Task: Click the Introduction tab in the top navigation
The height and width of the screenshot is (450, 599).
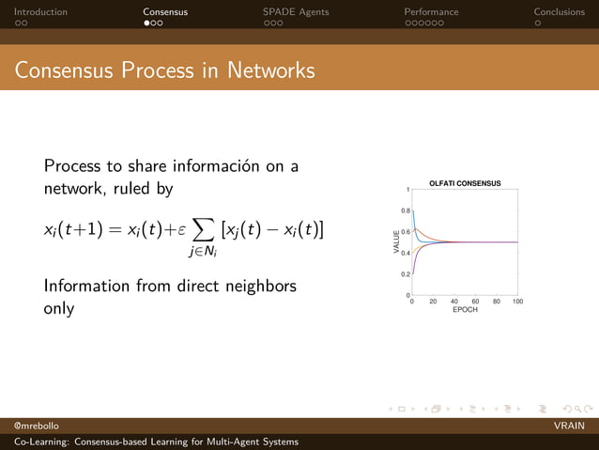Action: point(40,12)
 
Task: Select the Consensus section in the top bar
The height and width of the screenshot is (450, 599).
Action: point(165,12)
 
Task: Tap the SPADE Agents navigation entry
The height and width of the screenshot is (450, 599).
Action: point(295,12)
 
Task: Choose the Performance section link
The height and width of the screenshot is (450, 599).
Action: point(431,12)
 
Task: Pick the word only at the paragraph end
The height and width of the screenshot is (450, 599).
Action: point(59,308)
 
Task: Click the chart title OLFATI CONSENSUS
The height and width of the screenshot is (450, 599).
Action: point(465,183)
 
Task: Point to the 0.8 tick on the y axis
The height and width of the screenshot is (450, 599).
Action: point(405,210)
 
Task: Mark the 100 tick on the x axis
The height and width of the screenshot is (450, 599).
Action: point(517,302)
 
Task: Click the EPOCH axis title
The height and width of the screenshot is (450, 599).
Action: point(465,310)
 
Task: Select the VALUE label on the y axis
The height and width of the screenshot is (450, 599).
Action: point(396,242)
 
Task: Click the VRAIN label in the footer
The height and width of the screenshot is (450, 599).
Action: point(570,427)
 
